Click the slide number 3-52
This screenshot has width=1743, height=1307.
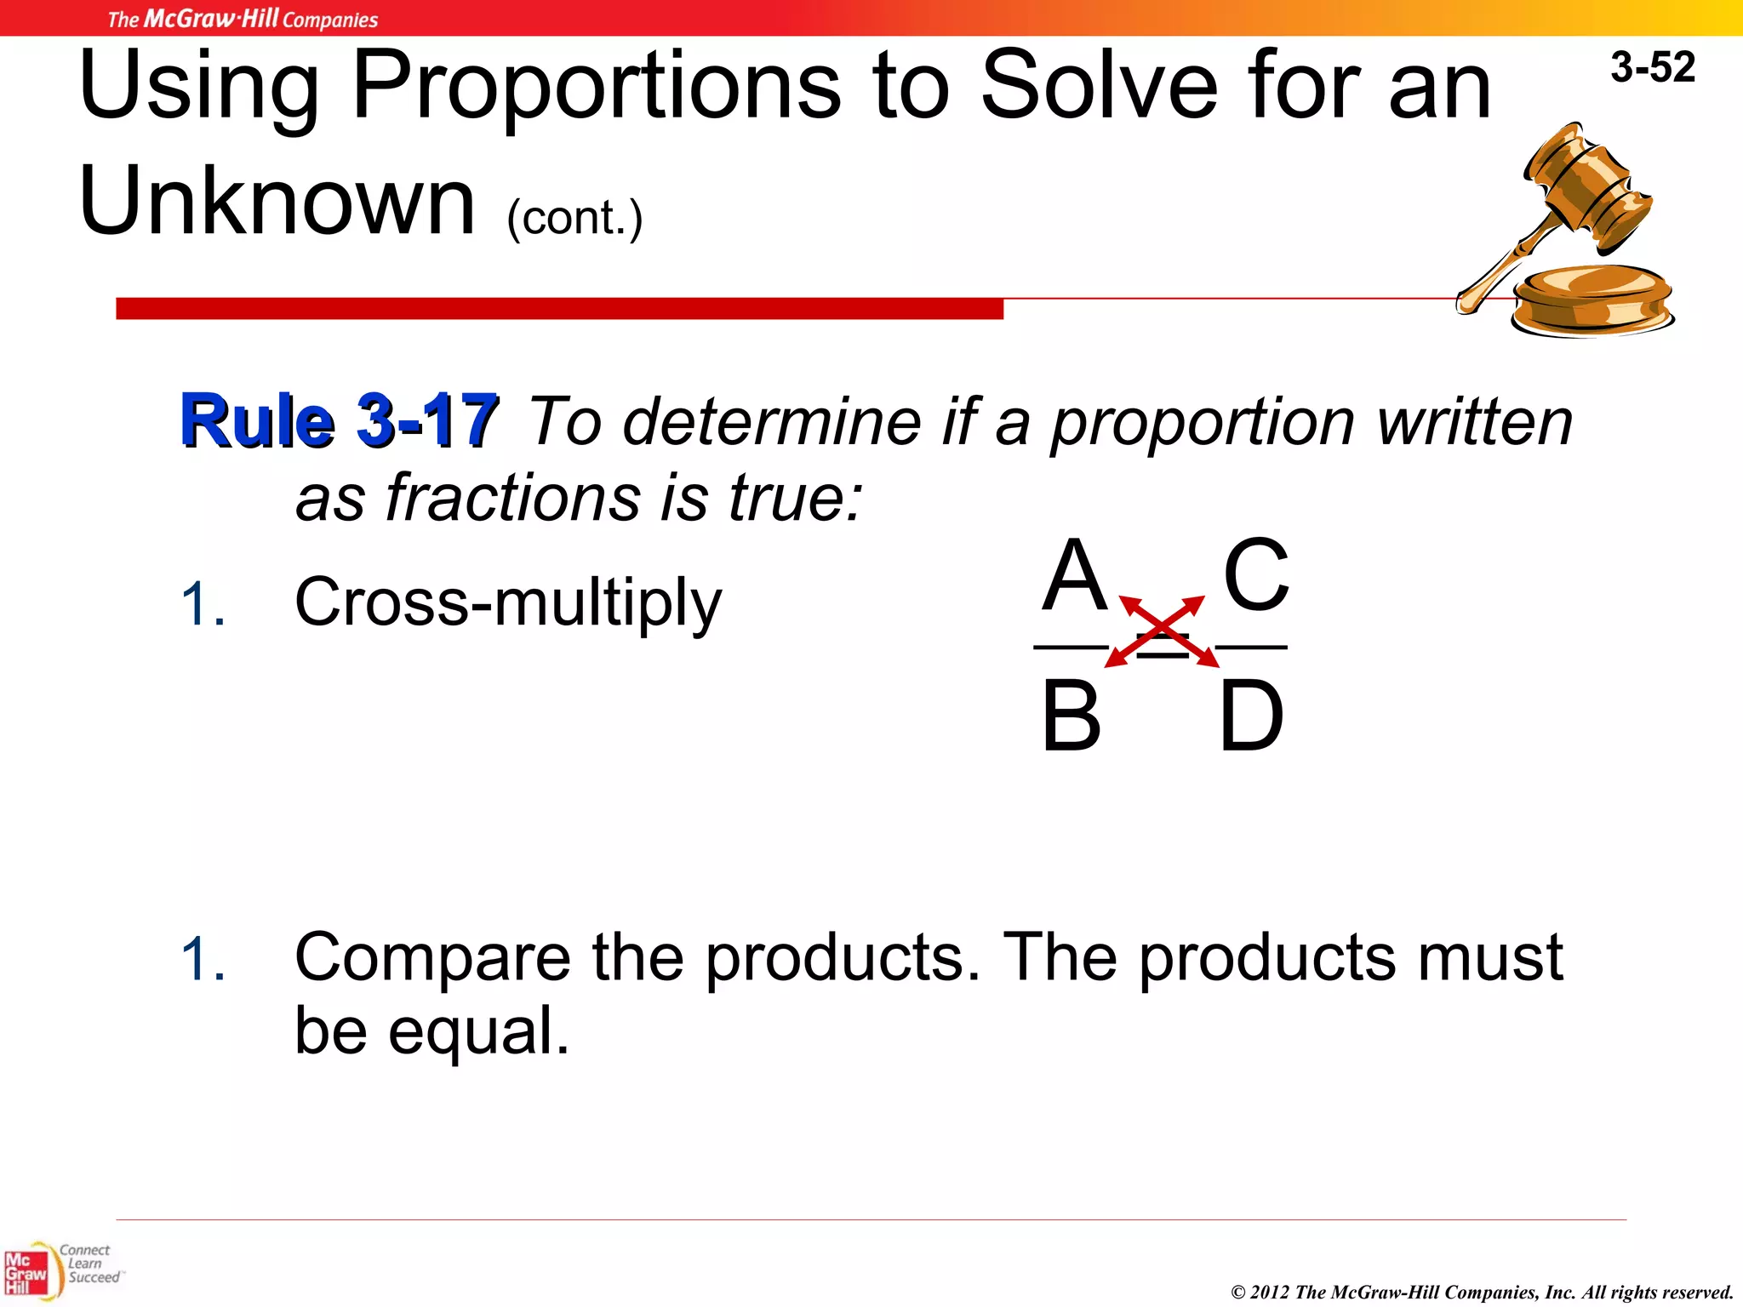pyautogui.click(x=1652, y=67)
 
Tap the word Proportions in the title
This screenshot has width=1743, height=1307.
pyautogui.click(x=596, y=85)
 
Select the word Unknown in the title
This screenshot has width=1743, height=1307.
pyautogui.click(x=277, y=201)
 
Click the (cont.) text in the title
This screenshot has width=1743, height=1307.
pyautogui.click(x=574, y=218)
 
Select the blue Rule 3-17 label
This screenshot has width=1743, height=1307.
pyautogui.click(x=339, y=420)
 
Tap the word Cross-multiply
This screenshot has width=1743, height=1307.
pyautogui.click(x=508, y=602)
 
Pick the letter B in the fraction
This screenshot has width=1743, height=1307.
pyautogui.click(x=1071, y=716)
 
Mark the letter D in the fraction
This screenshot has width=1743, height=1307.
pyautogui.click(x=1251, y=716)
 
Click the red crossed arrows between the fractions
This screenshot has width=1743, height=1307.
pyautogui.click(x=1162, y=631)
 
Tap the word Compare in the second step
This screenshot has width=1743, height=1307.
pyautogui.click(x=432, y=957)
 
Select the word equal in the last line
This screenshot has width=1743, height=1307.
pyautogui.click(x=478, y=1030)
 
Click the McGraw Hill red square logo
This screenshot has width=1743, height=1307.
pyautogui.click(x=26, y=1273)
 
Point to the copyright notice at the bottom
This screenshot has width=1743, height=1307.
pyautogui.click(x=1482, y=1292)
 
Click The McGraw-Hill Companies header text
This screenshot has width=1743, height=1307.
pyautogui.click(x=243, y=19)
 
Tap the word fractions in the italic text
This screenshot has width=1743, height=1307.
pyautogui.click(x=511, y=498)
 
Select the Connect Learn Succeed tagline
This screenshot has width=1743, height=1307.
pyautogui.click(x=89, y=1264)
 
